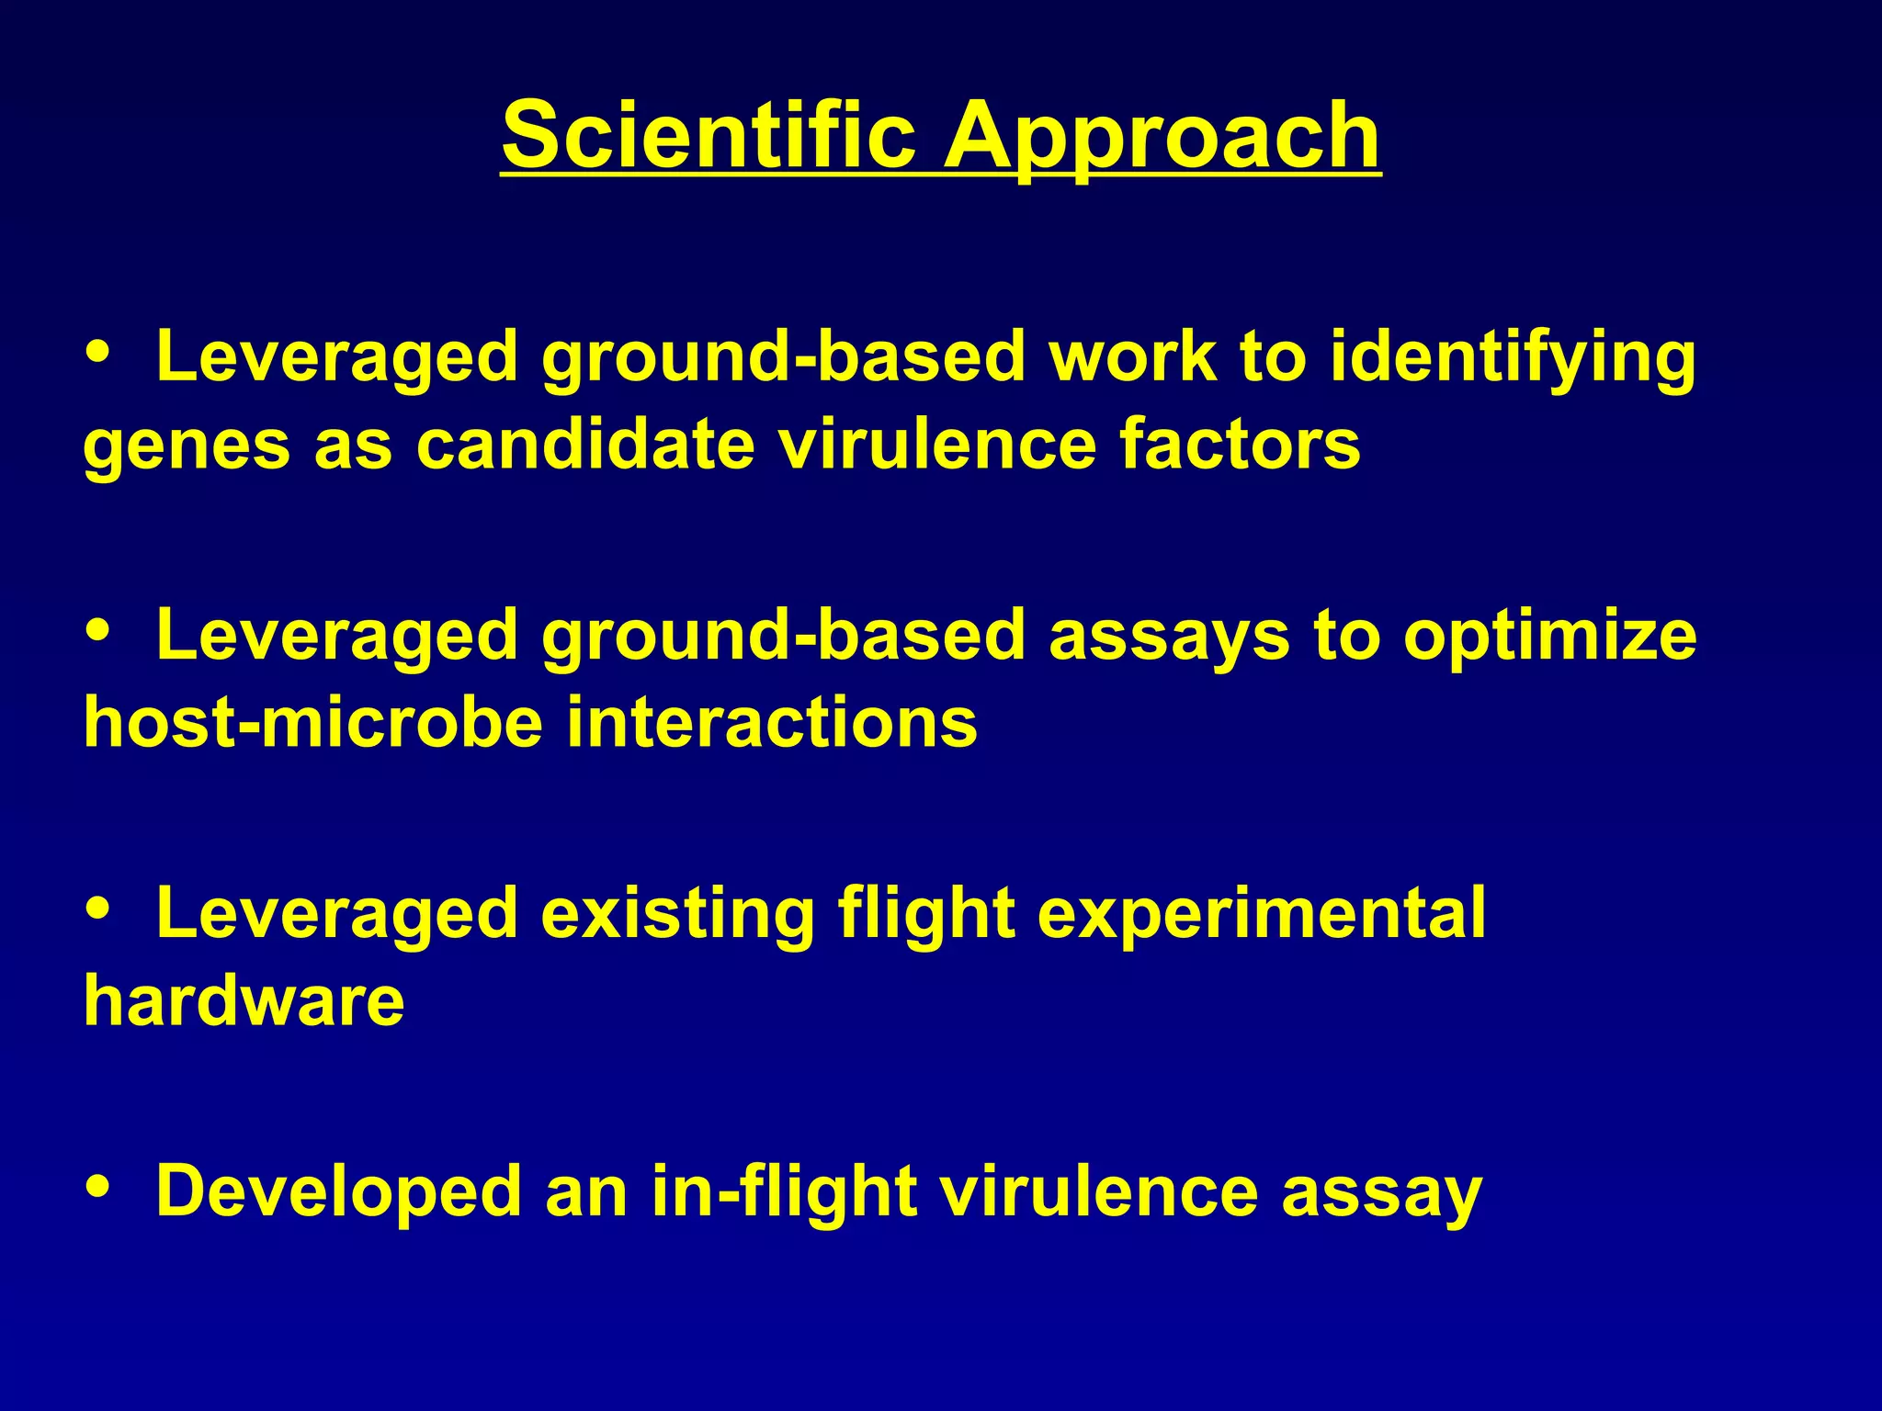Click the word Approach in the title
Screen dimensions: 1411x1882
click(x=1162, y=138)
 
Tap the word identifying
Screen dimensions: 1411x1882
click(x=1513, y=358)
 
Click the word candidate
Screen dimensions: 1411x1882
click(x=584, y=445)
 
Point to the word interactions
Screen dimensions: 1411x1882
click(x=772, y=723)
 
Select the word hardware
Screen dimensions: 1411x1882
click(x=244, y=1000)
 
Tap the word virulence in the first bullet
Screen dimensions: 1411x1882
click(x=937, y=445)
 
